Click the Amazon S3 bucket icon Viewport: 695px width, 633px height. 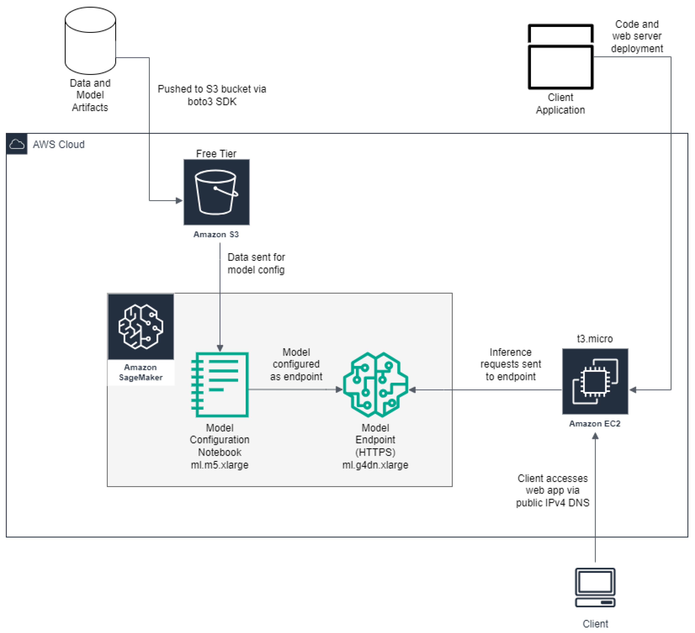coord(216,192)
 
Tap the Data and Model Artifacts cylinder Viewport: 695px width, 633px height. coord(90,41)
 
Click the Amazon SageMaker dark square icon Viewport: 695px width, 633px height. coord(141,326)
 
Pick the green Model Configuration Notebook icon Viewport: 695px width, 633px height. coord(220,385)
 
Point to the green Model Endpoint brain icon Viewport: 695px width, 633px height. coord(375,385)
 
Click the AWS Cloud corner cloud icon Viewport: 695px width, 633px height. coord(16,144)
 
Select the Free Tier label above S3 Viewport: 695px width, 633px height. coord(216,154)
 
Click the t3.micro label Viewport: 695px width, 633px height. coord(595,339)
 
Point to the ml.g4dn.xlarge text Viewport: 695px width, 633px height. coord(375,465)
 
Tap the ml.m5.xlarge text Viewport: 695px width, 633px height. coord(220,465)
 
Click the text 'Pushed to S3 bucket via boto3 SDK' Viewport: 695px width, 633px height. coord(212,95)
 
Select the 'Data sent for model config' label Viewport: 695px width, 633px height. coord(256,263)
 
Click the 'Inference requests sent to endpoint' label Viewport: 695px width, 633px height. coord(511,364)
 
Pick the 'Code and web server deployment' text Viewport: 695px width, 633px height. coord(637,36)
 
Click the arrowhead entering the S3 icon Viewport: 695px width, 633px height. coord(179,201)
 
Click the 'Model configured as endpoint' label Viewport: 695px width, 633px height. coord(296,364)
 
